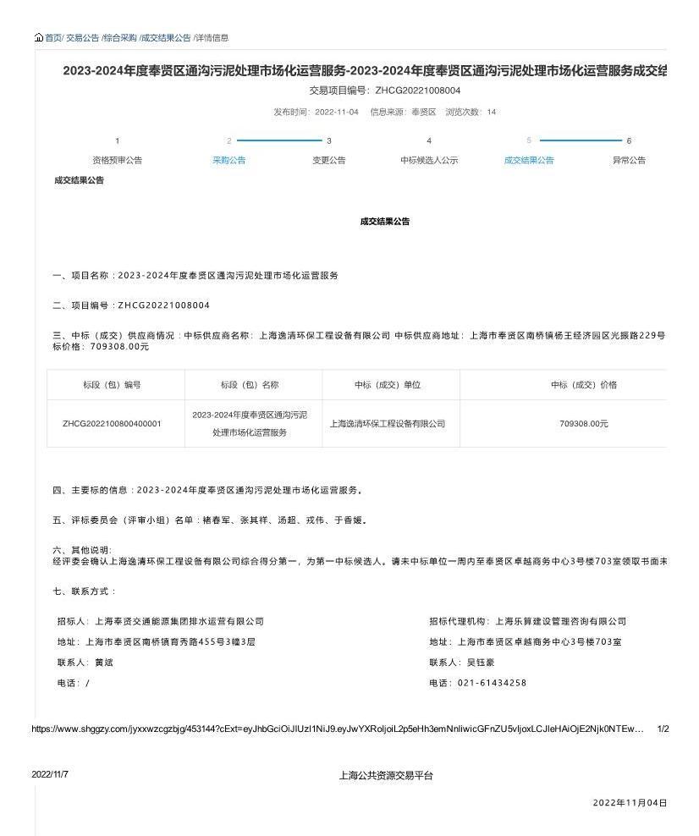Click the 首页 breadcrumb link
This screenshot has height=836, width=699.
coord(53,38)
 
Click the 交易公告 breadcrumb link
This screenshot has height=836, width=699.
coord(83,38)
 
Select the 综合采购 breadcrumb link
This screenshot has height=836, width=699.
coord(119,38)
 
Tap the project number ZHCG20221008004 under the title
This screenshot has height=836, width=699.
coord(418,91)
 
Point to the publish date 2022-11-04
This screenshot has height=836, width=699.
coord(337,112)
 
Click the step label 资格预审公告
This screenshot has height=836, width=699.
coord(117,161)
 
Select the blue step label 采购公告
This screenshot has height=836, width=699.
coord(228,161)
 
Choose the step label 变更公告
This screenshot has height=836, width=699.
coord(329,161)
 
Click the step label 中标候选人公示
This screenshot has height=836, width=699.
coord(429,161)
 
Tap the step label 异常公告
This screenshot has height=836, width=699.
coord(629,161)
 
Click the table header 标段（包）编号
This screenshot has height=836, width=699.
coord(113,385)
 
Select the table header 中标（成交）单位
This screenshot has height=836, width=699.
coord(388,385)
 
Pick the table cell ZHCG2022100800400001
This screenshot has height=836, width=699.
coord(112,424)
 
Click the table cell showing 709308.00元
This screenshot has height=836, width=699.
coord(584,424)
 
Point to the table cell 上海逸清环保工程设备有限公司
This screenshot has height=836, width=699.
coord(388,424)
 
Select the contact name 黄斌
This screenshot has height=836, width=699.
coord(104,663)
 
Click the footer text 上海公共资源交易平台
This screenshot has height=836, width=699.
coord(386,775)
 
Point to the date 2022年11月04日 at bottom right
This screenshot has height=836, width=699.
coord(630,803)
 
